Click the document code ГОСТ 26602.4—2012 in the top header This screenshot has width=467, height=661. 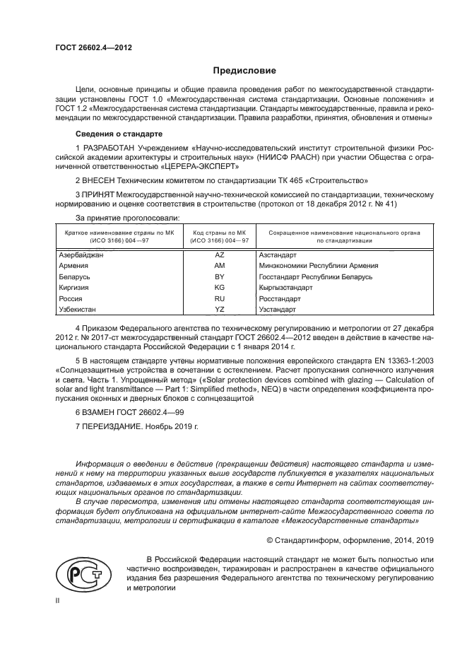click(94, 47)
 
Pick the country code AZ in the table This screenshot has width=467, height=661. click(219, 255)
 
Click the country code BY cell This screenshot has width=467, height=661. click(219, 276)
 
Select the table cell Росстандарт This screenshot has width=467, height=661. click(281, 298)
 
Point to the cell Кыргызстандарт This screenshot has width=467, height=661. click(285, 288)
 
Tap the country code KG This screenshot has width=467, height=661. click(219, 288)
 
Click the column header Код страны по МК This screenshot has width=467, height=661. click(219, 232)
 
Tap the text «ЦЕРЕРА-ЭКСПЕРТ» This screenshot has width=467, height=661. click(203, 168)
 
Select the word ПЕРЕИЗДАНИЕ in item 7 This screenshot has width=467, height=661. click(112, 428)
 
